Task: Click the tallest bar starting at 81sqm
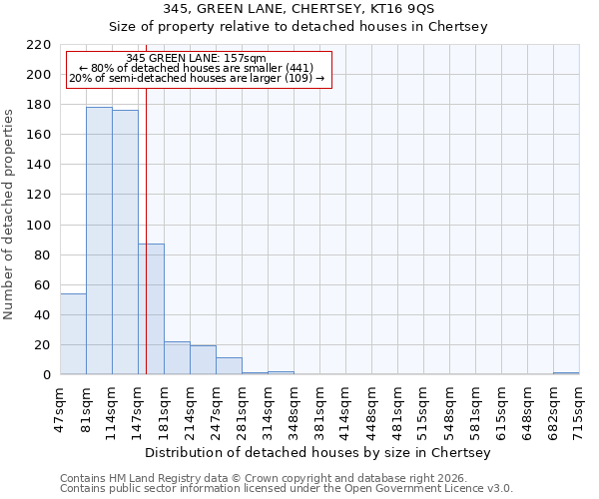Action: click(x=99, y=241)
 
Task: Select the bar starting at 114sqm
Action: click(x=125, y=243)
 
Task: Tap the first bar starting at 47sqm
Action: click(x=73, y=334)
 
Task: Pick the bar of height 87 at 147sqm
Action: click(x=152, y=309)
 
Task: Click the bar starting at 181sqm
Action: click(x=177, y=358)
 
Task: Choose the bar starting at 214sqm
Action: click(x=203, y=360)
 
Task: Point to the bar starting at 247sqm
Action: click(x=229, y=366)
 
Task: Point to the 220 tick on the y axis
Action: click(x=39, y=45)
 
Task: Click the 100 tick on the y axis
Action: click(x=39, y=226)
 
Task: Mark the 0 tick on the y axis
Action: click(x=47, y=375)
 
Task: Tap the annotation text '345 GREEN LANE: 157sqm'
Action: click(x=197, y=59)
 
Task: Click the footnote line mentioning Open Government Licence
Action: click(x=287, y=489)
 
